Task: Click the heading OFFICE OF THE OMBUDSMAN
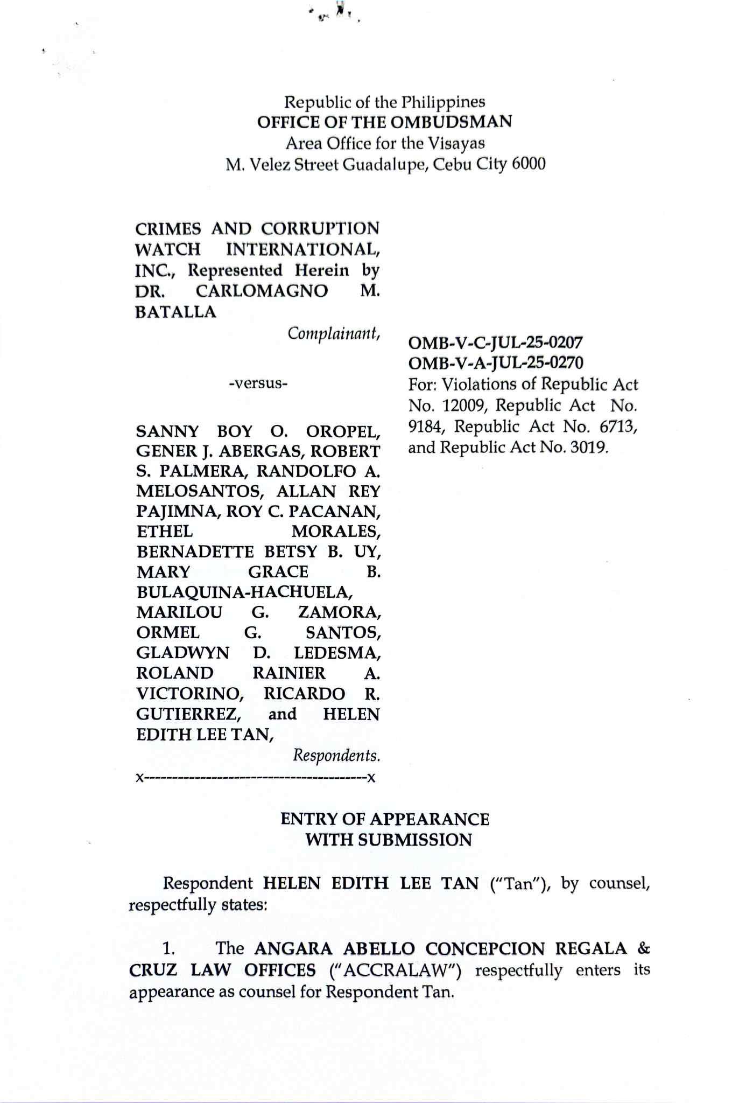pyautogui.click(x=384, y=122)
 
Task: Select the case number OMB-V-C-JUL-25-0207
pyautogui.click(x=496, y=343)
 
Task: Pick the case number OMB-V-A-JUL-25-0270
pyautogui.click(x=496, y=363)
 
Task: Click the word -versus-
pyautogui.click(x=258, y=384)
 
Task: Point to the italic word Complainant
pyautogui.click(x=334, y=334)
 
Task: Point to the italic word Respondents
pyautogui.click(x=336, y=756)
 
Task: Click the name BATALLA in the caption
pyautogui.click(x=176, y=312)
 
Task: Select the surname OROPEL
pyautogui.click(x=343, y=431)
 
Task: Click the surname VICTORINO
pyautogui.click(x=189, y=694)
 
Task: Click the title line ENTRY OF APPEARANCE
pyautogui.click(x=384, y=819)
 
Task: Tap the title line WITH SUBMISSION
pyautogui.click(x=388, y=840)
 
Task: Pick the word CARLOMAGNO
pyautogui.click(x=262, y=291)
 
